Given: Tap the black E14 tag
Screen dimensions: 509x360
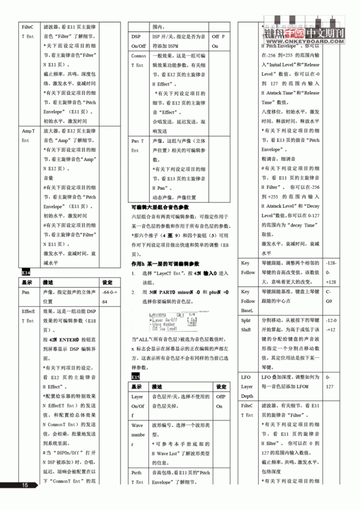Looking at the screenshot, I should (x=26, y=273).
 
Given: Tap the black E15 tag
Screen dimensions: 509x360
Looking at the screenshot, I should (x=136, y=377).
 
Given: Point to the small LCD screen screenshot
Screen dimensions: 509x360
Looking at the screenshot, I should (x=167, y=322).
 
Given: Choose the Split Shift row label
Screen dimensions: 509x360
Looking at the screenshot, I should (x=246, y=325).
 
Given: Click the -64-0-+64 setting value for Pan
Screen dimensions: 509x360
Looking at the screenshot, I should (x=110, y=297).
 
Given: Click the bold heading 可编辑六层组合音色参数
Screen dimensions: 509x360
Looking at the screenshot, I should (x=160, y=207).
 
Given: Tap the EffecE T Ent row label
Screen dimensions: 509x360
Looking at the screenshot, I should (x=28, y=316).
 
